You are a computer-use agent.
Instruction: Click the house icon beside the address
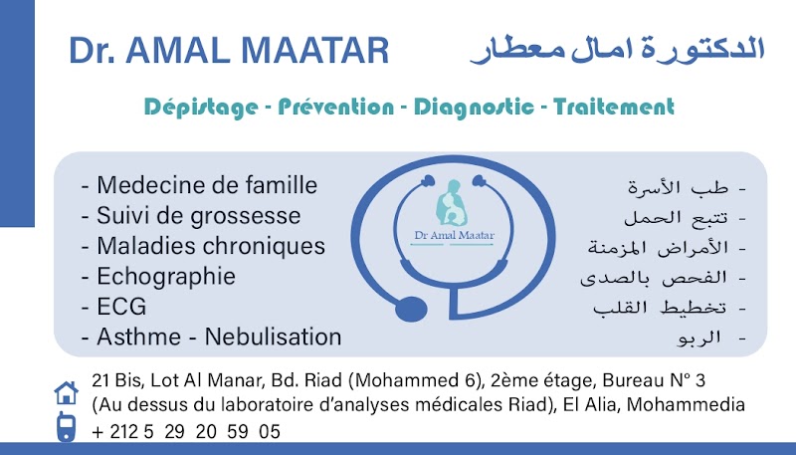[x=66, y=392]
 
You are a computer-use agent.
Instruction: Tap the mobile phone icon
[x=66, y=427]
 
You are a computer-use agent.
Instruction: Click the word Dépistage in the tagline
[x=201, y=108]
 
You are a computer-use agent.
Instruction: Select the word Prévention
[x=335, y=107]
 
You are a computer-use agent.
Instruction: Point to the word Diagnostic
[x=474, y=108]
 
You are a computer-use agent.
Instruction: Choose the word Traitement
[x=614, y=107]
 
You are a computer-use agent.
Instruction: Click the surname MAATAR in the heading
[x=314, y=50]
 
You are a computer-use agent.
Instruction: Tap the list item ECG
[x=121, y=307]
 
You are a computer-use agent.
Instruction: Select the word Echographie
[x=166, y=277]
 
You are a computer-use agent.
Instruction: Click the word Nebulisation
[x=273, y=337]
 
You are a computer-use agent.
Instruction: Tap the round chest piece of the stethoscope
[x=411, y=310]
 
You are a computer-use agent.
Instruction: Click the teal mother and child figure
[x=452, y=203]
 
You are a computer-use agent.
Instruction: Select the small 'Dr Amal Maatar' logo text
[x=455, y=235]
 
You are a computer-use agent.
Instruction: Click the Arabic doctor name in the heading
[x=617, y=50]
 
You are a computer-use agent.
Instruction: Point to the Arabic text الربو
[x=699, y=338]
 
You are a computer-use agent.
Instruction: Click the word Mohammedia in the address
[x=686, y=405]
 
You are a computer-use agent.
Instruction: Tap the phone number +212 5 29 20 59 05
[x=186, y=432]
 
